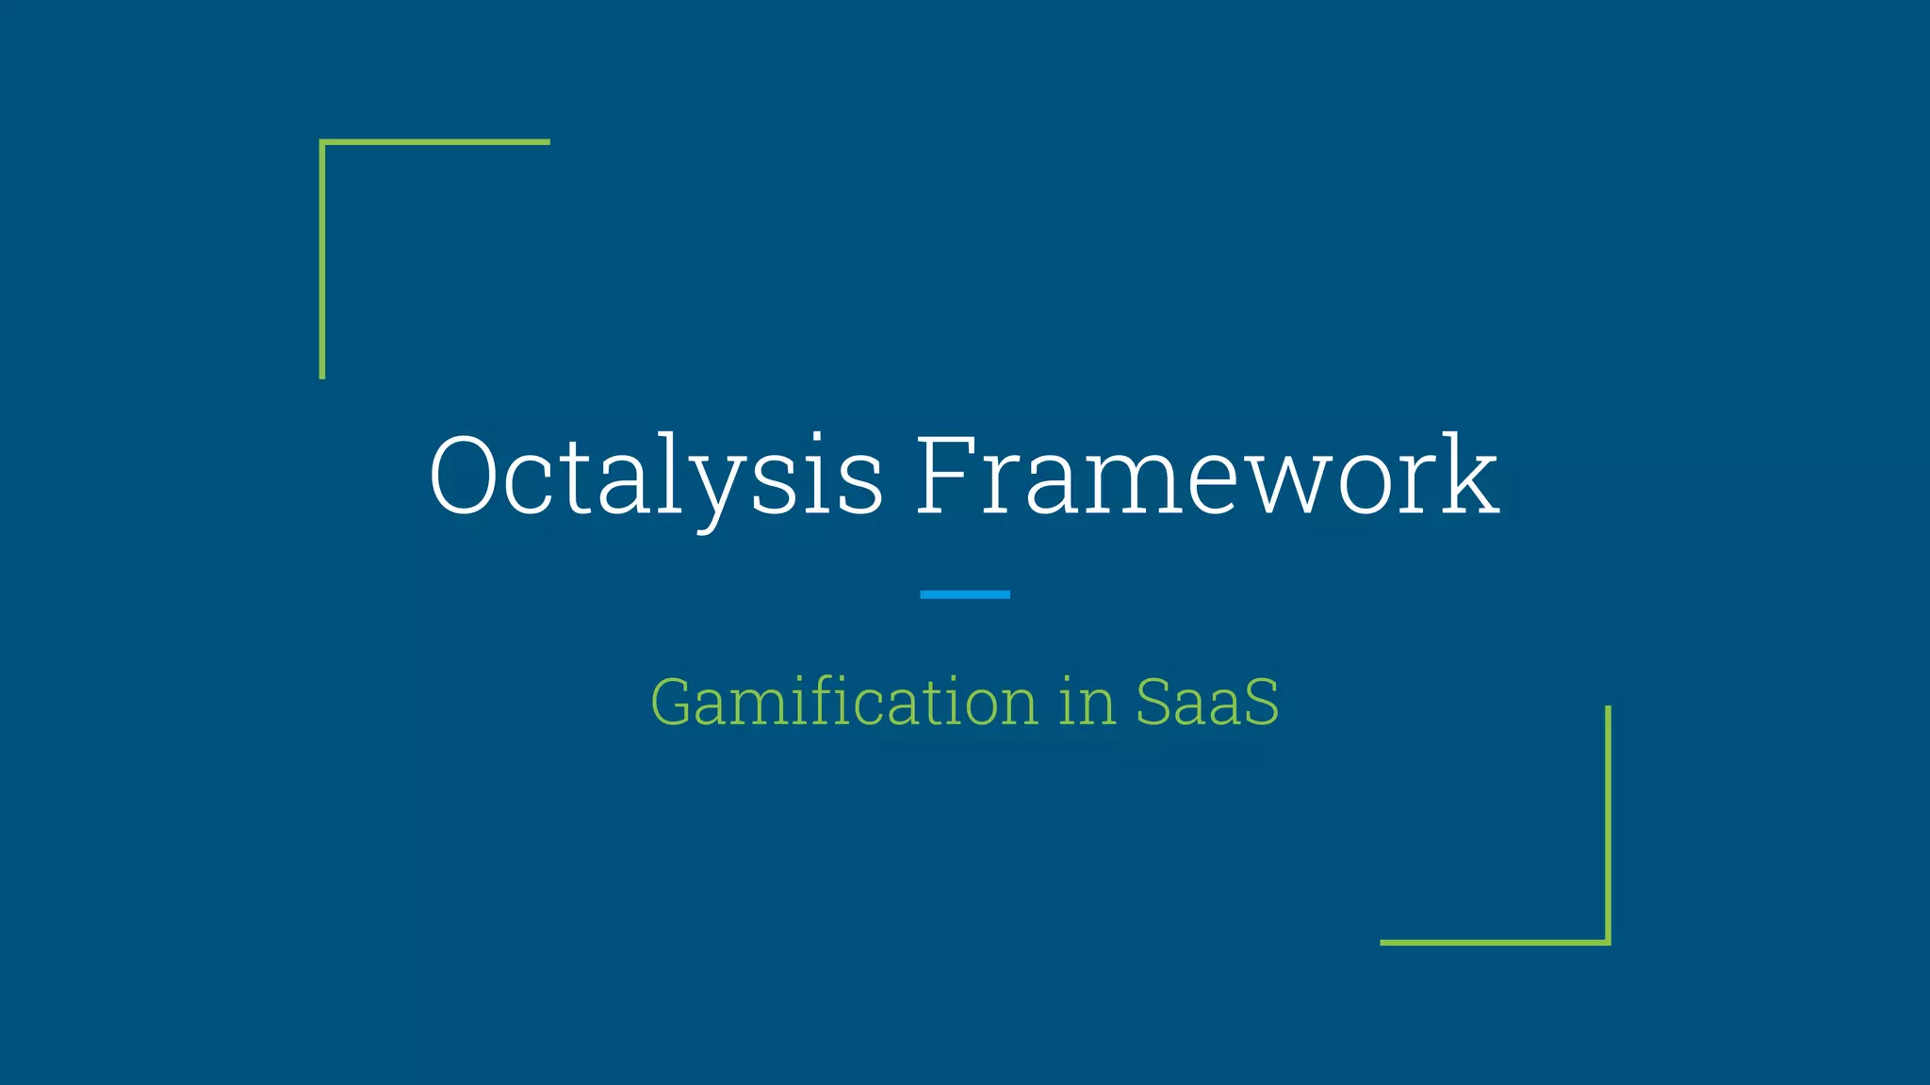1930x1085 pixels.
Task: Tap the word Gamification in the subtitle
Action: pos(843,703)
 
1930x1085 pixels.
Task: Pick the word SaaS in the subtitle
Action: pos(1207,703)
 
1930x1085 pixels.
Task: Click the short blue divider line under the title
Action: pos(964,594)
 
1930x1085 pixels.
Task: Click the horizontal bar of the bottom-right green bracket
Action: pos(1495,942)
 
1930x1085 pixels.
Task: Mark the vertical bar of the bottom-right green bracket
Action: pos(1608,824)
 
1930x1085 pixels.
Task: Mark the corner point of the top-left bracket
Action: pos(322,142)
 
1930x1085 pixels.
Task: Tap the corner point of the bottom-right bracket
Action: pos(1608,942)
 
